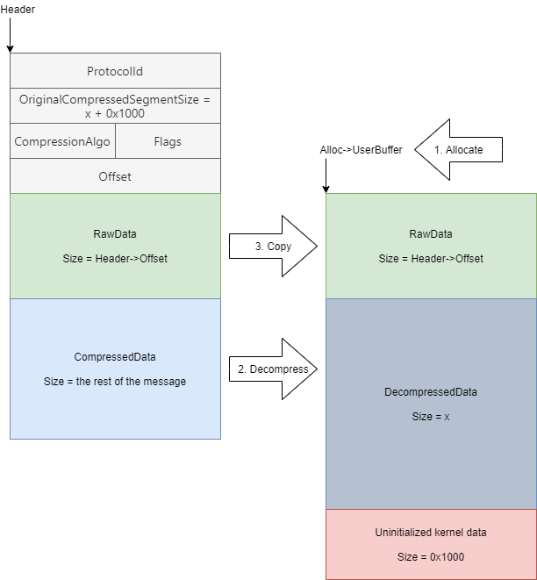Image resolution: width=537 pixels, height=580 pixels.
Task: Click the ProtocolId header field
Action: pyautogui.click(x=115, y=70)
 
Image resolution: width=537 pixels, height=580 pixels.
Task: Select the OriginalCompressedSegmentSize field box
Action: pyautogui.click(x=115, y=105)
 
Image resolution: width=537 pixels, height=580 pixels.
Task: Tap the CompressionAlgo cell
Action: pyautogui.click(x=62, y=140)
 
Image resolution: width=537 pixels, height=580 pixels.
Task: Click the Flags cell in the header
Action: pyautogui.click(x=168, y=140)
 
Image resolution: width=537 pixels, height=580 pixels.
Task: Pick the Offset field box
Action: pyautogui.click(x=115, y=175)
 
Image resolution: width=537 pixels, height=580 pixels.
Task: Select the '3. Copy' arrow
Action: pyautogui.click(x=271, y=247)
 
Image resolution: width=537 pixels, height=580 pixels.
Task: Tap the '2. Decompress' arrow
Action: pyautogui.click(x=271, y=369)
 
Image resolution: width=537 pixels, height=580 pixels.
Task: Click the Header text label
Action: pyautogui.click(x=18, y=9)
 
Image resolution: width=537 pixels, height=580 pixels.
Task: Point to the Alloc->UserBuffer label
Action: pyautogui.click(x=361, y=150)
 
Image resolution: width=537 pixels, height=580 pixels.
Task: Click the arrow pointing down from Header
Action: pyautogui.click(x=10, y=36)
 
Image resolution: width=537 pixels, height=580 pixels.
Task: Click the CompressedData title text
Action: pyautogui.click(x=115, y=357)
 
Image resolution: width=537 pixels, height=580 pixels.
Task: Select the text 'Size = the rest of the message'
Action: pyautogui.click(x=115, y=382)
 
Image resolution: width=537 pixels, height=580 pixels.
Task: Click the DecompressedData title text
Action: pyautogui.click(x=431, y=392)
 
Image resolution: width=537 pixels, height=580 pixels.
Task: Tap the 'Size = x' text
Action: pyautogui.click(x=431, y=417)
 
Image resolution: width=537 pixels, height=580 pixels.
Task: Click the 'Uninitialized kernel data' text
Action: pyautogui.click(x=431, y=533)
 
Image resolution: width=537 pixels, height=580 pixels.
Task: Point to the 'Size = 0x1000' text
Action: pyautogui.click(x=431, y=557)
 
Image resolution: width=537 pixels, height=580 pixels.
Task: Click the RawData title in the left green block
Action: pyautogui.click(x=115, y=234)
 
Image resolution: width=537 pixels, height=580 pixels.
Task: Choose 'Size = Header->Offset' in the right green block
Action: pyautogui.click(x=431, y=259)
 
